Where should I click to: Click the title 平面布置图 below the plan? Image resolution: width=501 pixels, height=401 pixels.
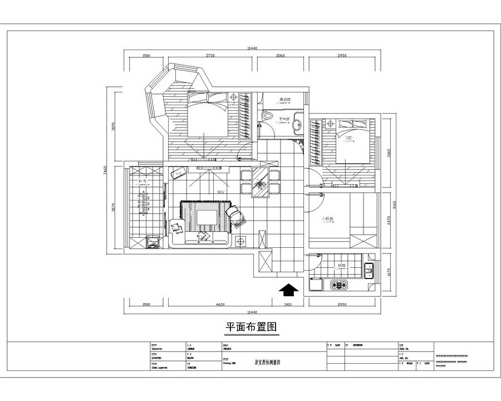point(250,327)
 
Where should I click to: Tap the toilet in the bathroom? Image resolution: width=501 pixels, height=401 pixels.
point(269,116)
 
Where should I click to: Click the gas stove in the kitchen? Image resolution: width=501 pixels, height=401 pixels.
point(339,285)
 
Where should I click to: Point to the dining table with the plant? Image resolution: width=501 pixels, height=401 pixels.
point(260,182)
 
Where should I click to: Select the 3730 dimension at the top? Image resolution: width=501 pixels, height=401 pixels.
point(210,56)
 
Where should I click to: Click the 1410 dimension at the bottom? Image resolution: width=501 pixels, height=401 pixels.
point(288,305)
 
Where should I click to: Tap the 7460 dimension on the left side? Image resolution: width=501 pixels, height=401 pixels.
point(114,171)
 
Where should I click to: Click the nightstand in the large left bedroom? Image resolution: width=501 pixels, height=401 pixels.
point(233,98)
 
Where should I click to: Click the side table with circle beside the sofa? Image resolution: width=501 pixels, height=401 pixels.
point(240,241)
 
